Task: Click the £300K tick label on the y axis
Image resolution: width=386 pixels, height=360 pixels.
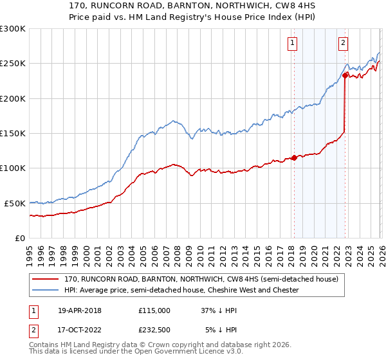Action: point(12,29)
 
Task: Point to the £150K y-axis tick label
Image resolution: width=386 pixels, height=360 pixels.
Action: point(12,133)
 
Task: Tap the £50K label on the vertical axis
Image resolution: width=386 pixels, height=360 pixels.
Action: point(14,203)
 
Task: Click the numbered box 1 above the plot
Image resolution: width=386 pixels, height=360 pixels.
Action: point(292,43)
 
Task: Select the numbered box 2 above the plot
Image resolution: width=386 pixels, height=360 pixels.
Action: point(344,43)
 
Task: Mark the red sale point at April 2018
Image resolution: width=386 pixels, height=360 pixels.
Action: point(294,157)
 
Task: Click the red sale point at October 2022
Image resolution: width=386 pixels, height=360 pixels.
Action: point(345,76)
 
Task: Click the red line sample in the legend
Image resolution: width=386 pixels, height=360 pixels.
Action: point(46,279)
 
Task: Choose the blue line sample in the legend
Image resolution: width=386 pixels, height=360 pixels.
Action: point(46,290)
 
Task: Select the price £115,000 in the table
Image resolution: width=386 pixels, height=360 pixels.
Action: point(154,310)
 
